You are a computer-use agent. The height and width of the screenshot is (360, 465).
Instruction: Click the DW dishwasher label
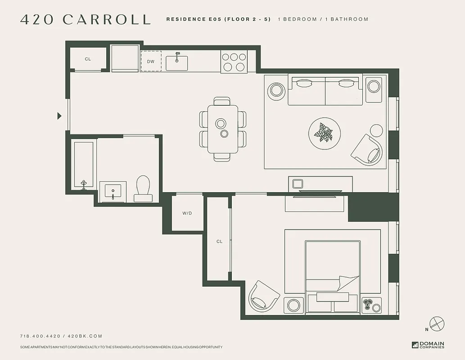151,62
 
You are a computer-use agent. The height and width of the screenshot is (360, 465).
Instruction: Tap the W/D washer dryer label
187,213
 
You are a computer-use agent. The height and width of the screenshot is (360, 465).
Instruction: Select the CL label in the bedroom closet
219,242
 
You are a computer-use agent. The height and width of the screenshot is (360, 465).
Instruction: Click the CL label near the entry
88,59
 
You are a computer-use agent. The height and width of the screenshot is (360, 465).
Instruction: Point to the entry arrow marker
59,116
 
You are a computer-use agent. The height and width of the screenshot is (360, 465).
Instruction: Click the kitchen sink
177,63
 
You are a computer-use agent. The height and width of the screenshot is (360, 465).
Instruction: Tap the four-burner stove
234,62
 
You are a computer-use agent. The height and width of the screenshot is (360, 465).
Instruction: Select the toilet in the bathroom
143,188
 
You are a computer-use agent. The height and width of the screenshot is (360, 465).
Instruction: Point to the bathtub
84,165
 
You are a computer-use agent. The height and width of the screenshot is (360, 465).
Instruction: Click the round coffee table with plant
324,133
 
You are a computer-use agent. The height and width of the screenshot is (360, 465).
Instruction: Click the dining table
223,128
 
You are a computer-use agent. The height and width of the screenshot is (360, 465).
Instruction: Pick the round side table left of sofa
276,90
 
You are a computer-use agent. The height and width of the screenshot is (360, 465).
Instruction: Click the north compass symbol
437,324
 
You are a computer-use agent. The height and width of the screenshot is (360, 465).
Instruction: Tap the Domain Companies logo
428,345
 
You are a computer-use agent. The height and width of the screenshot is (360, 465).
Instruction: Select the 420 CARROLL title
85,19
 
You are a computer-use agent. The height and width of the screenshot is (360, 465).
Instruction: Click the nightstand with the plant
371,305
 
